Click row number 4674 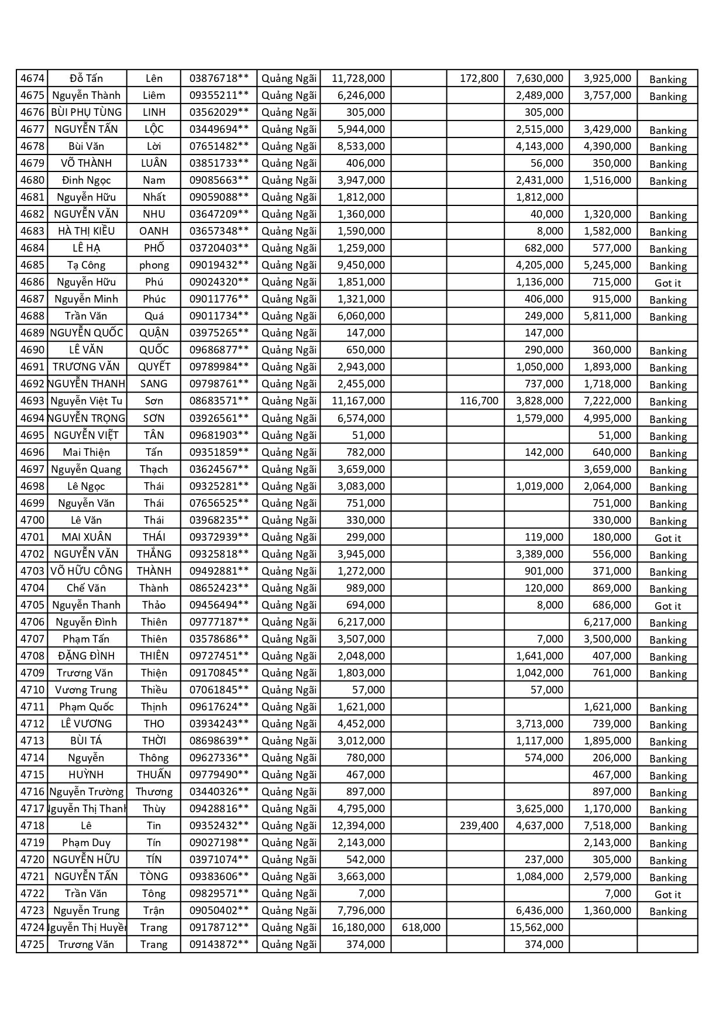pos(32,78)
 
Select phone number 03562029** pos(219,112)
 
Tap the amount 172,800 pos(479,78)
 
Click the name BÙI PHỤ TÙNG pos(87,112)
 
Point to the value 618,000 pos(421,928)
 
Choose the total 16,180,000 pos(358,928)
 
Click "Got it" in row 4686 pos(667,283)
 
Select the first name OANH pos(154,231)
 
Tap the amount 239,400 pos(479,826)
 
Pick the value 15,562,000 pos(536,928)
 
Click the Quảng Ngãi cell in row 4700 pos(289,520)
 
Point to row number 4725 pos(32,944)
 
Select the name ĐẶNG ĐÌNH pos(87,656)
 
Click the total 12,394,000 pos(358,826)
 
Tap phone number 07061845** pos(219,690)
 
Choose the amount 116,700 pos(479,401)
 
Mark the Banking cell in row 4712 pos(667,725)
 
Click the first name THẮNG pos(154,554)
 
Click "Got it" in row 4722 pos(667,895)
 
